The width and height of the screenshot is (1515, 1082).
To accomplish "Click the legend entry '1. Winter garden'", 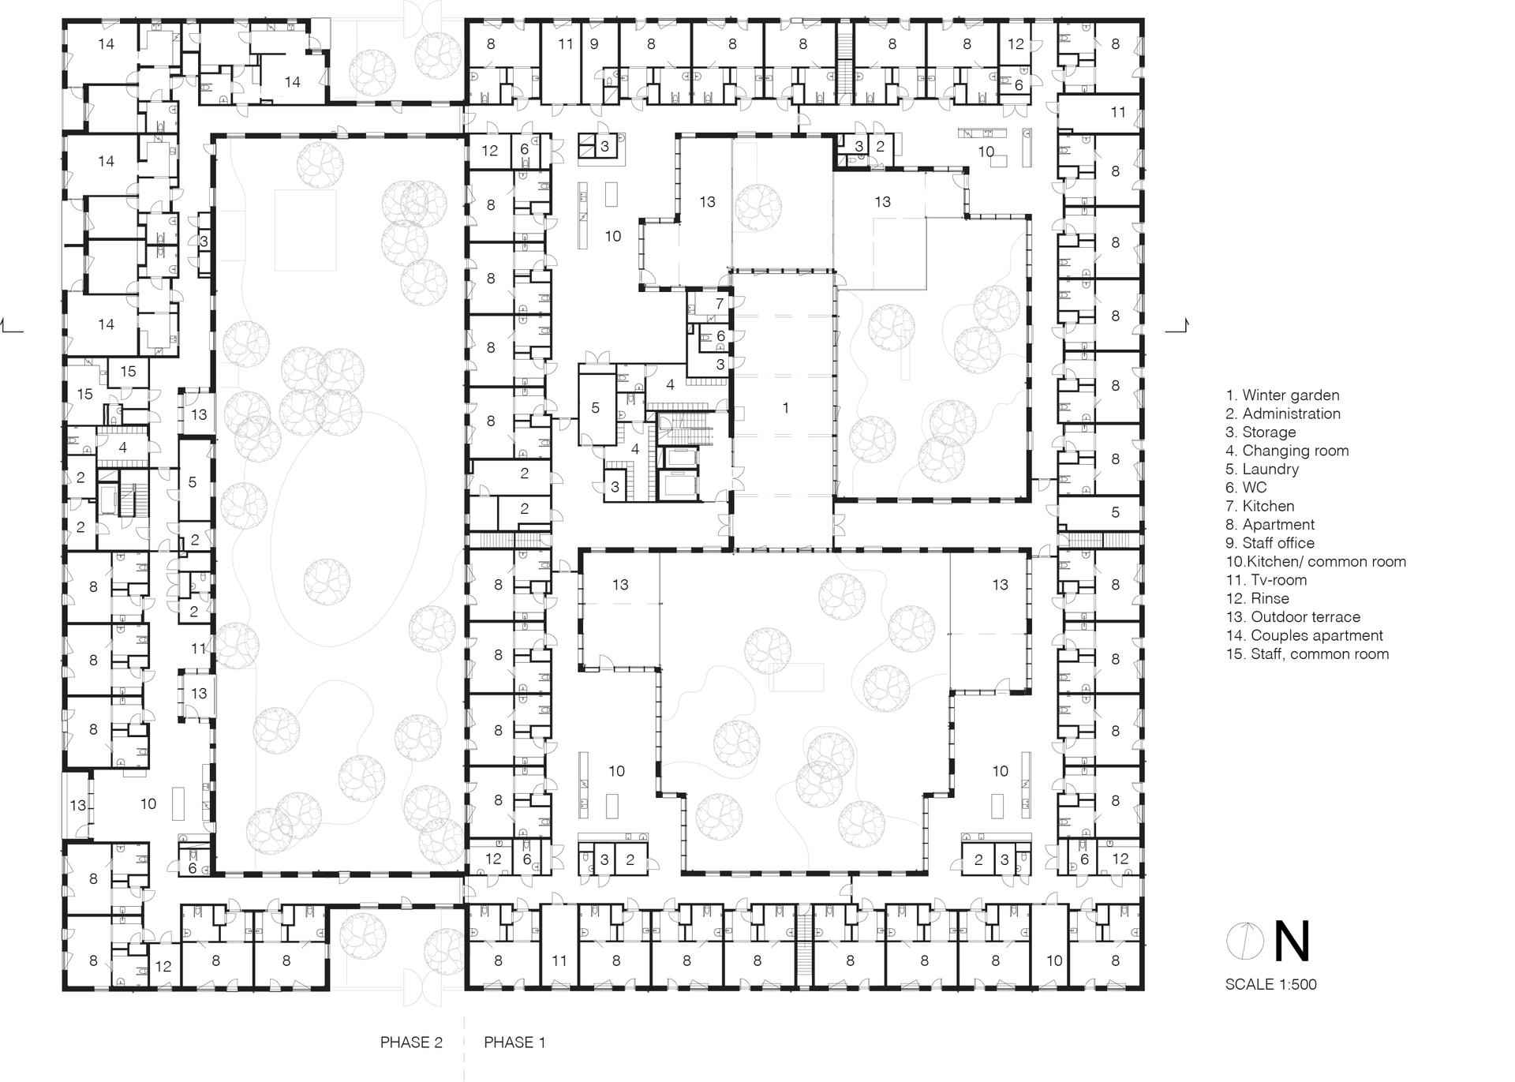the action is [1282, 395].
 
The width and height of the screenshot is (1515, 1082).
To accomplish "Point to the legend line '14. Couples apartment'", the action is [1304, 635].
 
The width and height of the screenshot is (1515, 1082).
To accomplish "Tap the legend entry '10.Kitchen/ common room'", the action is [1315, 562].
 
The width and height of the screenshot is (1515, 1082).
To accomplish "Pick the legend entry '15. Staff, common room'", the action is [1307, 653].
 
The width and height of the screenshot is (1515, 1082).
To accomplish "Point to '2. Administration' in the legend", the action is [1283, 414].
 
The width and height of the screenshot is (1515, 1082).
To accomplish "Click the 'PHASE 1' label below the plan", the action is [514, 1043].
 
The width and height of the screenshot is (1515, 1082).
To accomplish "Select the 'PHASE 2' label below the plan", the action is [411, 1043].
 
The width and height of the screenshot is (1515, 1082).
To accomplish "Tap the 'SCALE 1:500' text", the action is [1270, 984].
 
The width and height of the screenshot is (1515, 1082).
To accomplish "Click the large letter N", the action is [1292, 942].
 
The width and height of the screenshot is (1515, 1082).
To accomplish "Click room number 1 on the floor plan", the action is [785, 408].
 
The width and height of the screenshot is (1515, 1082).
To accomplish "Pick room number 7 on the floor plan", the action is [720, 304].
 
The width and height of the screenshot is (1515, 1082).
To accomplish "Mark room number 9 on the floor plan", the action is [594, 44].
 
